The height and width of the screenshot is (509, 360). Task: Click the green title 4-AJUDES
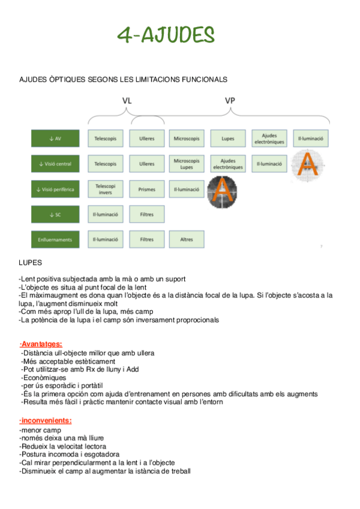tap(166, 35)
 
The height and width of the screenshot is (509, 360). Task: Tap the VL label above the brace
tap(127, 100)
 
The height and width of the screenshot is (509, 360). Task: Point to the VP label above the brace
tap(230, 100)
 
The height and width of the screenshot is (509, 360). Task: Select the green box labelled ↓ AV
tap(55, 138)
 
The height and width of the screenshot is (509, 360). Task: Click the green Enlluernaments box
tap(55, 239)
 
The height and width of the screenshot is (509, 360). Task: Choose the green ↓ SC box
tap(55, 214)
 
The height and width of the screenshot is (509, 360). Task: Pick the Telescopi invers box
tap(106, 188)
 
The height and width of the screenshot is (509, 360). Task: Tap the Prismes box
tap(147, 189)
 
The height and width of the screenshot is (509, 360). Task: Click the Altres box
tap(187, 239)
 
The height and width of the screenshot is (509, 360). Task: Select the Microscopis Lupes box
tap(187, 163)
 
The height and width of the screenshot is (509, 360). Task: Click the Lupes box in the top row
tap(228, 138)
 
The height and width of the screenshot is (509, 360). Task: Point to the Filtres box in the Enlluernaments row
tap(147, 239)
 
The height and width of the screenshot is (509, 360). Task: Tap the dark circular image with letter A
tap(221, 192)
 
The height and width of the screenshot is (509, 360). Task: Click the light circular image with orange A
tap(308, 165)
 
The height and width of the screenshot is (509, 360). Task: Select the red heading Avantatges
tap(41, 344)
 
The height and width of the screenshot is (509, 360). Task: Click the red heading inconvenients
tap(45, 420)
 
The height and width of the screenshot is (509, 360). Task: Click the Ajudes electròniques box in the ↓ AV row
tap(269, 138)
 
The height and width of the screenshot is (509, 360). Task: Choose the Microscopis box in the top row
tap(187, 138)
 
